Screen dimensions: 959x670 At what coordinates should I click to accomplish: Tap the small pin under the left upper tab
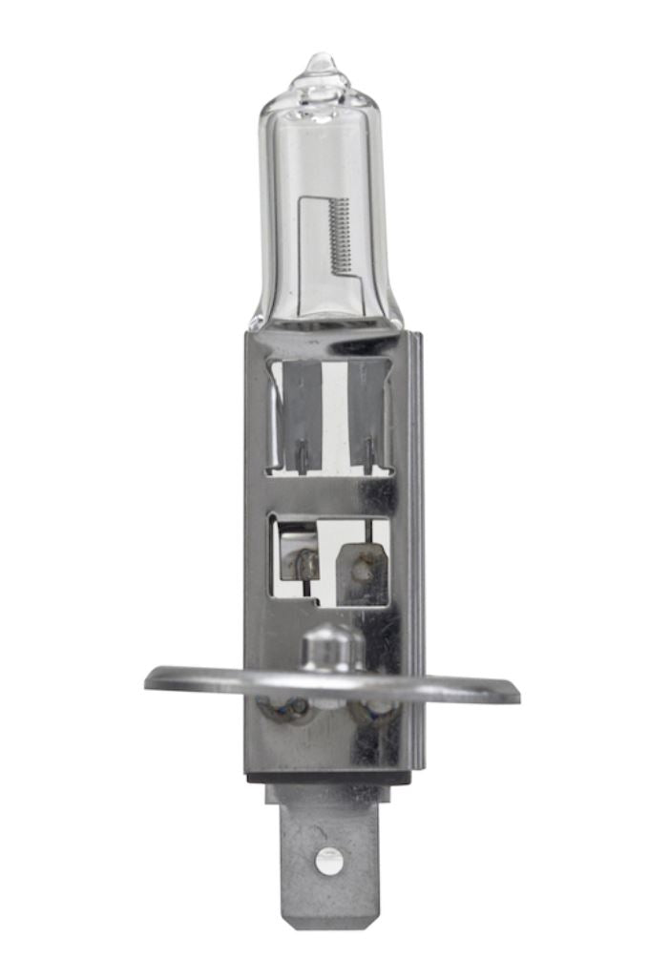[x=301, y=456]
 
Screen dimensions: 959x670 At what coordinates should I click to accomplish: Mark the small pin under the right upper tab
[x=368, y=456]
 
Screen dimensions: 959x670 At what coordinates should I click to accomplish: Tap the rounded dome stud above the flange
[x=331, y=648]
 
